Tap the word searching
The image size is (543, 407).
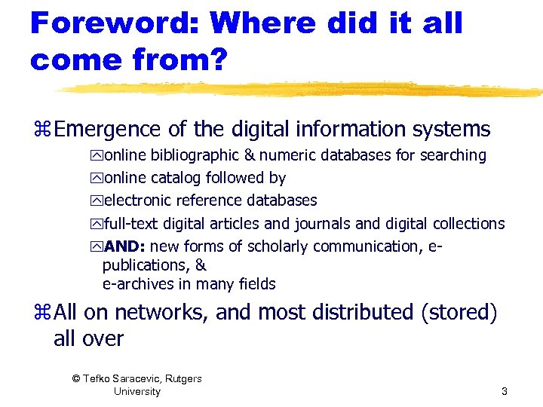(x=452, y=156)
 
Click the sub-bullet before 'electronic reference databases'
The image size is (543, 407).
(x=96, y=201)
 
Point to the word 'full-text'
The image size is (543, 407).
(x=133, y=224)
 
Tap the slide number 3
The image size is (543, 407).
(x=504, y=391)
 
